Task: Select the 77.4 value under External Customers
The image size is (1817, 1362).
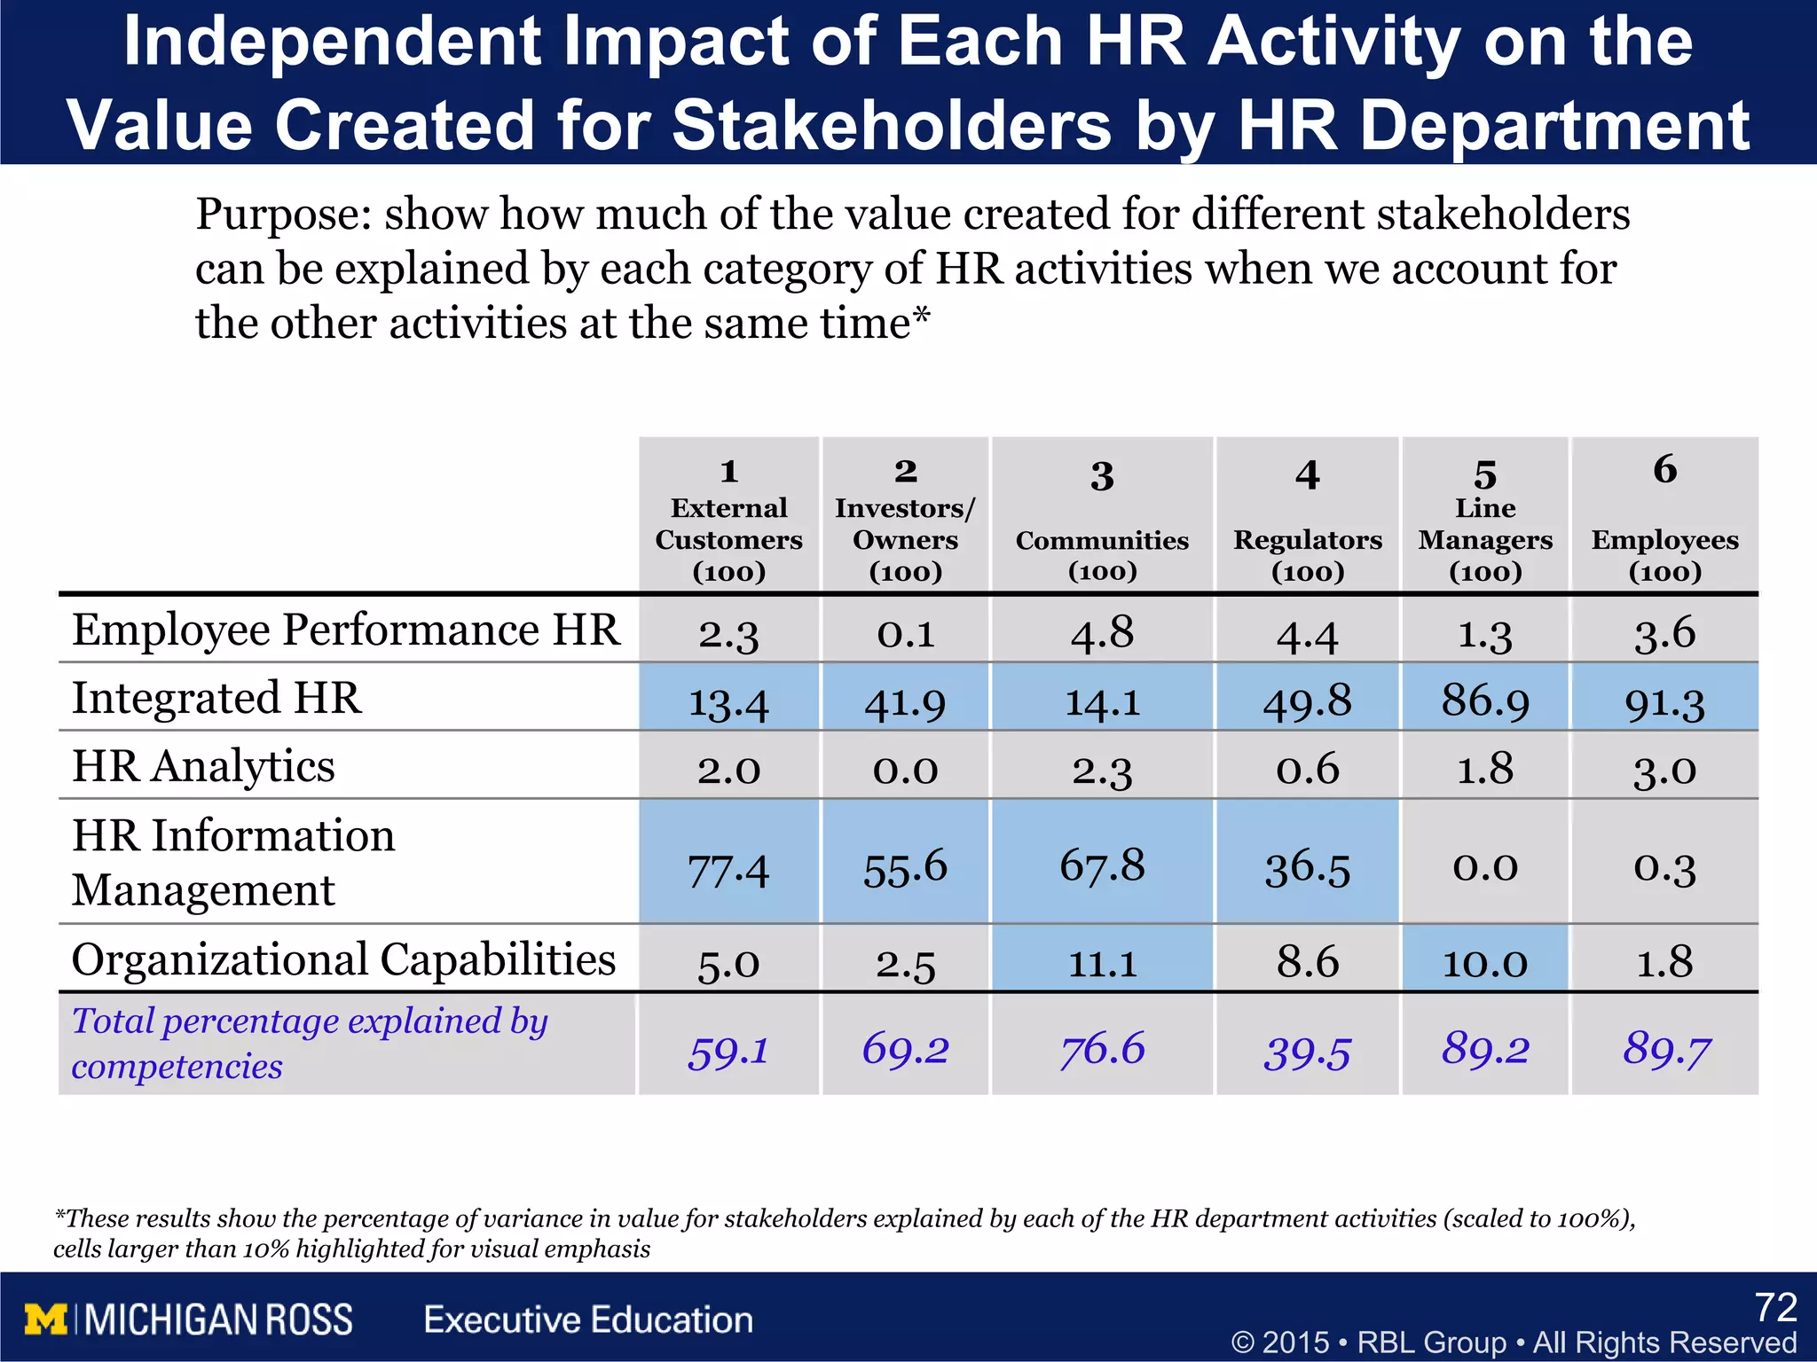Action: [728, 869]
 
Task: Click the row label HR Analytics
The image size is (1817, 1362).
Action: [203, 766]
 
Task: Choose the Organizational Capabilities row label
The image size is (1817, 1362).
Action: [343, 959]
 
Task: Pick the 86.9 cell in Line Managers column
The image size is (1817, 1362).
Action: [1485, 701]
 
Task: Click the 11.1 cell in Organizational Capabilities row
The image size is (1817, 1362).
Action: [1102, 963]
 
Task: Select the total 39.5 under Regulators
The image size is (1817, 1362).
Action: [1307, 1052]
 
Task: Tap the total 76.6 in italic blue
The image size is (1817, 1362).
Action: [1102, 1049]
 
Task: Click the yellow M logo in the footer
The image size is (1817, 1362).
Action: [46, 1319]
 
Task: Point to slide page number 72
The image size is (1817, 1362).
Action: [1775, 1308]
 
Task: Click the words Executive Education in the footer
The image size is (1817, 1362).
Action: [588, 1320]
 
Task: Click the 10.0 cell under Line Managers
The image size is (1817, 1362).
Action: [1485, 963]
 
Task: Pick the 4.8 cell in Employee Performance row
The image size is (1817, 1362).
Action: [1102, 633]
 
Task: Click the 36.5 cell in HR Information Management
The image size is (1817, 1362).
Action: [1307, 867]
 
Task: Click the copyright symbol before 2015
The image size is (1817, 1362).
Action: [1243, 1342]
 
